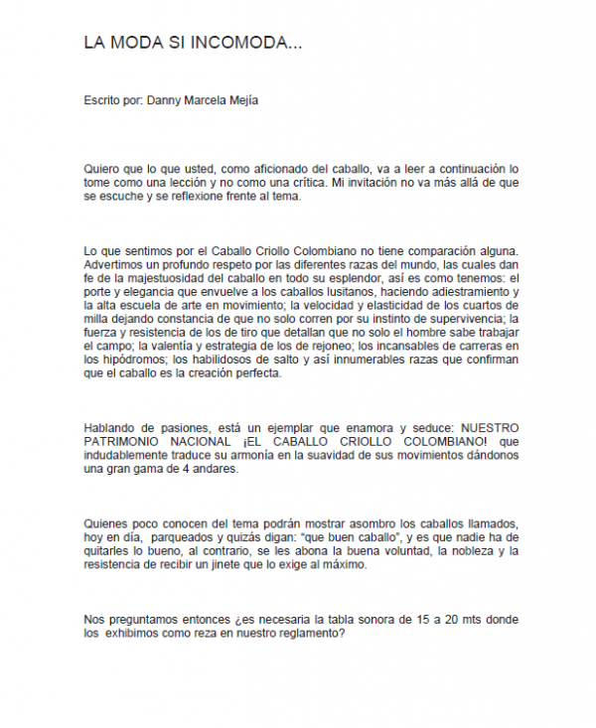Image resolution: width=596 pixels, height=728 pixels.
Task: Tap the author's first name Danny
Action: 163,101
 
